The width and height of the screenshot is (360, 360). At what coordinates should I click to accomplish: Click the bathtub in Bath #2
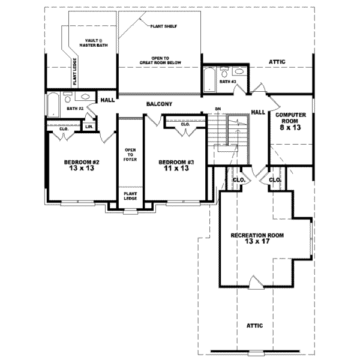52,105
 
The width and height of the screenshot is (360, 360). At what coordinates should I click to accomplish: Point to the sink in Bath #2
85,97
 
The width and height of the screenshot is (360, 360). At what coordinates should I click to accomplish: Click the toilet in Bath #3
224,70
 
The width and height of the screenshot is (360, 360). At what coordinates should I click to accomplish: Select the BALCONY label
159,104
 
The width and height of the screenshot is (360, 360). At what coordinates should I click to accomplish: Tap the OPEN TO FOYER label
130,154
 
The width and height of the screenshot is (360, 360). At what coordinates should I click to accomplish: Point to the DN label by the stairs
218,109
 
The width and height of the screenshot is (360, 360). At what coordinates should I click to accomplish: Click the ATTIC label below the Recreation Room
255,325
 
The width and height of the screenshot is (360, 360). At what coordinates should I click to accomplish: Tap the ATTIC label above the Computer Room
277,61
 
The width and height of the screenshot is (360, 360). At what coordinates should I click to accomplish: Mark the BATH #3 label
227,81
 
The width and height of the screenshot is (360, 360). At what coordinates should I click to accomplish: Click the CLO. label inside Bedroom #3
185,124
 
